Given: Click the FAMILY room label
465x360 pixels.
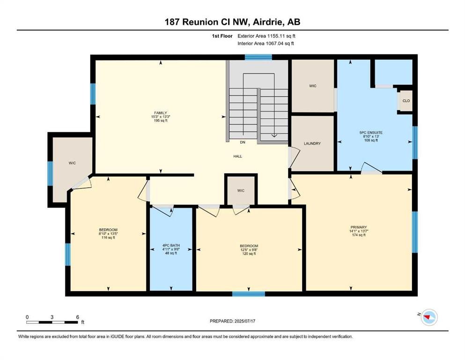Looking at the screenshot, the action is pos(161,113).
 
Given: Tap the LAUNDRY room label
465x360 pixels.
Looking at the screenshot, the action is pos(312,143).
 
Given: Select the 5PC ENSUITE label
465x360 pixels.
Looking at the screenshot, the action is pos(371,133).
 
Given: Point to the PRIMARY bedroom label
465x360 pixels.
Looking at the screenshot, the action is pos(359,227).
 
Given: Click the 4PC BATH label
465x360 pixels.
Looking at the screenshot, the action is pos(171,246).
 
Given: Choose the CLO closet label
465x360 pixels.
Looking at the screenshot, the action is pos(406,101).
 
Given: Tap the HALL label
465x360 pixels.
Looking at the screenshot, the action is pos(237,156).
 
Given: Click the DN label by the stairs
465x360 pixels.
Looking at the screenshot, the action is pos(243,142).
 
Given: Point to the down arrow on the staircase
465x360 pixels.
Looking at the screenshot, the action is pos(274,135).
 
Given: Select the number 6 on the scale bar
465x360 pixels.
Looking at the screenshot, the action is pos(78,317).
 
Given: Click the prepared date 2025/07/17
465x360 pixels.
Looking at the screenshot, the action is pos(244,321).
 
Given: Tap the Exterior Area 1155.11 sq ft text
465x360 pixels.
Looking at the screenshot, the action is pos(266,36).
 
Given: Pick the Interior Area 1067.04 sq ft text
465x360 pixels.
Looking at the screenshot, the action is pos(266,44).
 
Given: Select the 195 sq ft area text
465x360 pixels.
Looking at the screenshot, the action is pos(161,120).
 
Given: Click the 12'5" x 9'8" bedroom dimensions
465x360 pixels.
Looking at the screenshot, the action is pos(249,249).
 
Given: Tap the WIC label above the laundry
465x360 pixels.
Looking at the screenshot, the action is pos(312,86).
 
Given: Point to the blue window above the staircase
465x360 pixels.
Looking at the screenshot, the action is pos(258,57).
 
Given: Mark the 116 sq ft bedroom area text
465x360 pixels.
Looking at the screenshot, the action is pos(108,238).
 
